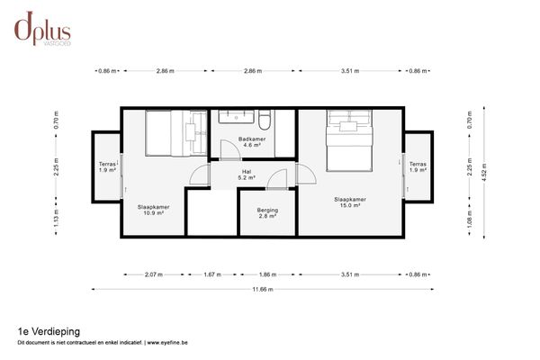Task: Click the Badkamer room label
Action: [252, 142]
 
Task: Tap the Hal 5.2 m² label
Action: [247, 175]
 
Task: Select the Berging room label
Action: [267, 213]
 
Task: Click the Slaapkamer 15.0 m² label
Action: [350, 202]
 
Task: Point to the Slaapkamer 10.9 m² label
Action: [153, 210]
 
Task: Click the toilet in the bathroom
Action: [265, 120]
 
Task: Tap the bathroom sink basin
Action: [236, 117]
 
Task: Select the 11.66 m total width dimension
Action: [263, 290]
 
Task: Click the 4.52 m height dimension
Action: [484, 172]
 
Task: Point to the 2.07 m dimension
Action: [154, 274]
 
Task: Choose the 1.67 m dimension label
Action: [212, 274]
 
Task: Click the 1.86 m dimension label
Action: [267, 274]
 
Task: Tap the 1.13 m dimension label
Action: [56, 218]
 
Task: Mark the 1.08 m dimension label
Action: [469, 219]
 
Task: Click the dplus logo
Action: [42, 29]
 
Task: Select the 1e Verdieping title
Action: [49, 331]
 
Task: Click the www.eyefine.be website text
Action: [167, 343]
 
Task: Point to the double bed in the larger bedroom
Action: [349, 140]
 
